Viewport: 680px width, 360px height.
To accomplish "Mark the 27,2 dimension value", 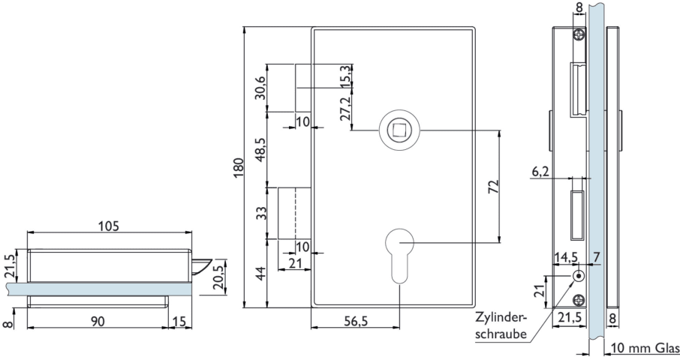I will click(x=345, y=109).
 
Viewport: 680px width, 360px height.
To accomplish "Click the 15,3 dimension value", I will click(x=345, y=76).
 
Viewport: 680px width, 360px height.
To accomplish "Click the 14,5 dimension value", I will click(x=564, y=257).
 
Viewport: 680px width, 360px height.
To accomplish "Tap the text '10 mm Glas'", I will click(x=643, y=347).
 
